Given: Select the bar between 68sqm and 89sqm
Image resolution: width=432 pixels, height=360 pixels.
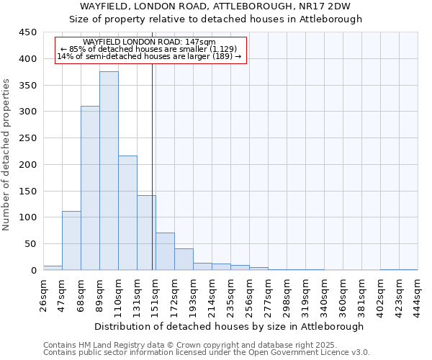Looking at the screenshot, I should coord(90,188).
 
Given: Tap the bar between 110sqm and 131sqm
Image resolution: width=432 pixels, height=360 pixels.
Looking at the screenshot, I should coord(127,212).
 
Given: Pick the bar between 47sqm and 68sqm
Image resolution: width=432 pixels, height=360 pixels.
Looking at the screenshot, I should coord(71,240).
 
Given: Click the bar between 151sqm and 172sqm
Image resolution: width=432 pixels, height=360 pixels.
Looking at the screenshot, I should coord(165,251).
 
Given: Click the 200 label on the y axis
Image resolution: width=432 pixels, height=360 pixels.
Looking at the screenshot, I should coord(27,165).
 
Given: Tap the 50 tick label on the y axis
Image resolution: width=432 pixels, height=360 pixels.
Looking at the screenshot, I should coord(30,244).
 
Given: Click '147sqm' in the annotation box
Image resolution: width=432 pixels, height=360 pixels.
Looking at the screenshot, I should coord(201,42).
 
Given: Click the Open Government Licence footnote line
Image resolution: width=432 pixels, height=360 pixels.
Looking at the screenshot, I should coord(207,352).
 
